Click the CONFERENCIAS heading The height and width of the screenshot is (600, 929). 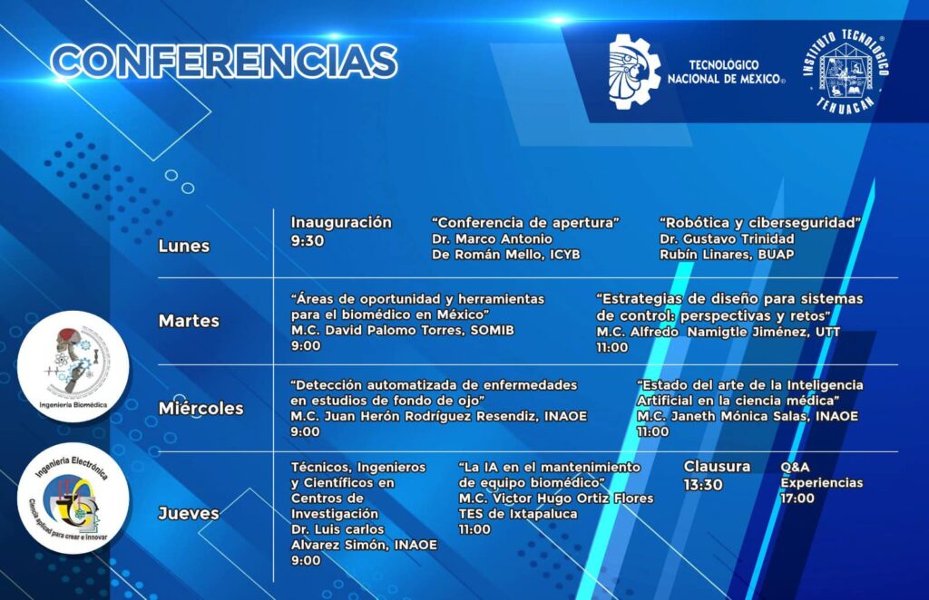tap(224, 61)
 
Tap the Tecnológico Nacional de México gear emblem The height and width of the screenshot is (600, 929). tap(634, 72)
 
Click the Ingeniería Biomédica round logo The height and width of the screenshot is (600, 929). tap(73, 366)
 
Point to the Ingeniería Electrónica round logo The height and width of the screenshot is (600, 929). tap(73, 498)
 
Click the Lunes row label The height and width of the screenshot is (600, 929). tap(183, 247)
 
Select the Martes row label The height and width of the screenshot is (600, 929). tap(189, 321)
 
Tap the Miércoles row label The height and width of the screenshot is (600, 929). tap(200, 408)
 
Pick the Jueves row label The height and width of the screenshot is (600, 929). tap(189, 513)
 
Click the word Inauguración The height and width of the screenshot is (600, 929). tap(341, 222)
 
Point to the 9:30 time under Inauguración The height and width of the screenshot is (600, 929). tap(308, 241)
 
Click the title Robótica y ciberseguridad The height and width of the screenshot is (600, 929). tap(760, 223)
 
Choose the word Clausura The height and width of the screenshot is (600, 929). tap(717, 466)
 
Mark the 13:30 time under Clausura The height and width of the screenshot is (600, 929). tap(703, 485)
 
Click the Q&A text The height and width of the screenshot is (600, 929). tap(795, 467)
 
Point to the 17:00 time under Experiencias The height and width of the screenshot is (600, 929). tap(797, 498)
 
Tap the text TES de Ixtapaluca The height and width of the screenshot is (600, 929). tap(518, 514)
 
